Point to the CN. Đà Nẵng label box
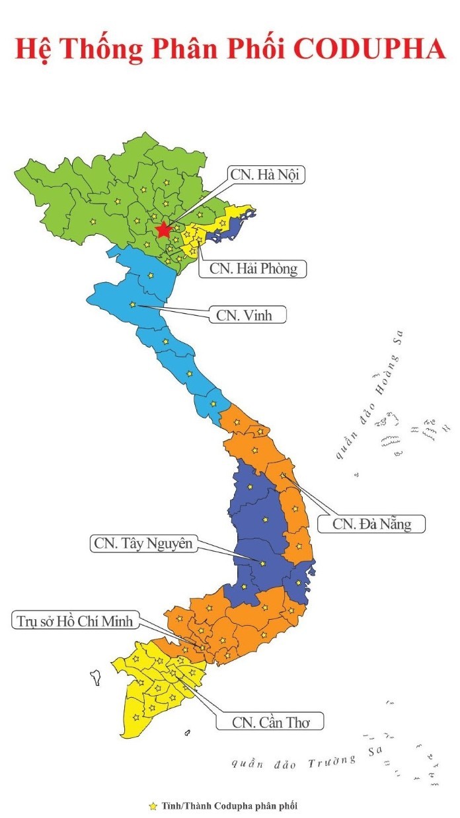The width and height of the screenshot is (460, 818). pos(371,524)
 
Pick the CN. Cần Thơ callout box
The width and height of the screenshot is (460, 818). pos(270,722)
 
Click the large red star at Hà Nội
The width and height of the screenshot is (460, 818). pos(163,229)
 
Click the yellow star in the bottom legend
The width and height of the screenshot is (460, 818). pos(153,806)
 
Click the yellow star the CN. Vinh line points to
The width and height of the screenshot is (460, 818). pos(133,305)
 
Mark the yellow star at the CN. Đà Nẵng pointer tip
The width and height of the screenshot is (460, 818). pos(284,475)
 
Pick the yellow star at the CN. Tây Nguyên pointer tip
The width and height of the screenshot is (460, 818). pos(262,564)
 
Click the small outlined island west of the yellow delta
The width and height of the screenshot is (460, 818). pos(96,677)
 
